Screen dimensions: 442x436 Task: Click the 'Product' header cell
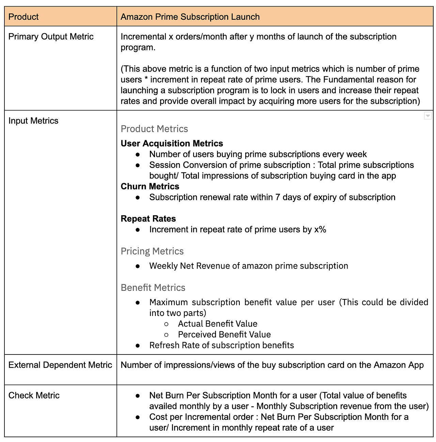(x=24, y=17)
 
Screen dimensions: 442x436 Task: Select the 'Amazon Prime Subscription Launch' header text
(x=190, y=17)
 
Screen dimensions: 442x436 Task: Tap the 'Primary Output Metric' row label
(x=51, y=36)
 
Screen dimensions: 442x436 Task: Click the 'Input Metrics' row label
(x=33, y=121)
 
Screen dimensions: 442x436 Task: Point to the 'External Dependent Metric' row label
(x=60, y=365)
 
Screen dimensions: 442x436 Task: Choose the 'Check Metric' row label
(x=34, y=395)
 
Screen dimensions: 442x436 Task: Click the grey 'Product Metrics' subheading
(x=154, y=129)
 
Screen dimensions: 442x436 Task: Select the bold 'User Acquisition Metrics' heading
(x=172, y=143)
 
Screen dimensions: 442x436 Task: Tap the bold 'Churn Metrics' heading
(x=150, y=186)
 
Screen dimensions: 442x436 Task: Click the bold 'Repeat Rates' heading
(x=148, y=219)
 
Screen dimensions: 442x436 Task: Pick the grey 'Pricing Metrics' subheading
(x=152, y=251)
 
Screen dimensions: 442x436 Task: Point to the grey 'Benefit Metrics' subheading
(x=153, y=288)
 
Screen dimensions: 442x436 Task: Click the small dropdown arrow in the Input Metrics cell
(x=428, y=116)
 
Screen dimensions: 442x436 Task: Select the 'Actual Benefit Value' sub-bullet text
(x=217, y=324)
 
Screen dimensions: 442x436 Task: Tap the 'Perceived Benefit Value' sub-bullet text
(x=224, y=334)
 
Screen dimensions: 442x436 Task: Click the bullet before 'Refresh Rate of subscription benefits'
(x=138, y=345)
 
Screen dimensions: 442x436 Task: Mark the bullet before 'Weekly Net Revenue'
(x=138, y=266)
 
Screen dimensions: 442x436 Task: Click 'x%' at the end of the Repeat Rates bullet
(x=320, y=230)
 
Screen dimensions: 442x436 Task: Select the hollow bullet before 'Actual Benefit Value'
(x=166, y=324)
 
